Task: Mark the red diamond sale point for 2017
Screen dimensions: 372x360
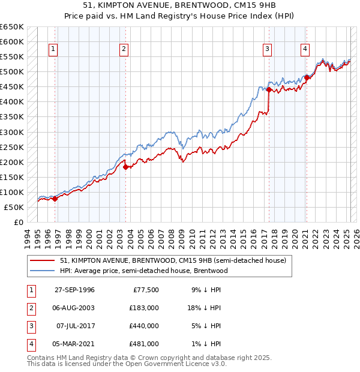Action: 269,89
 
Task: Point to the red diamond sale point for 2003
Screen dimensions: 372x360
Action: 125,167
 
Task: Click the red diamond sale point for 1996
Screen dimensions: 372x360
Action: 55,199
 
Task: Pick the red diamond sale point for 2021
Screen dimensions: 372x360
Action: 307,77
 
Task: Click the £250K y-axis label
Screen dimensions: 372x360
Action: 12,147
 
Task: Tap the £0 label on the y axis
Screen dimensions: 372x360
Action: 18,222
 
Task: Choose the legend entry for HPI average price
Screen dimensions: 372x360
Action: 143,271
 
